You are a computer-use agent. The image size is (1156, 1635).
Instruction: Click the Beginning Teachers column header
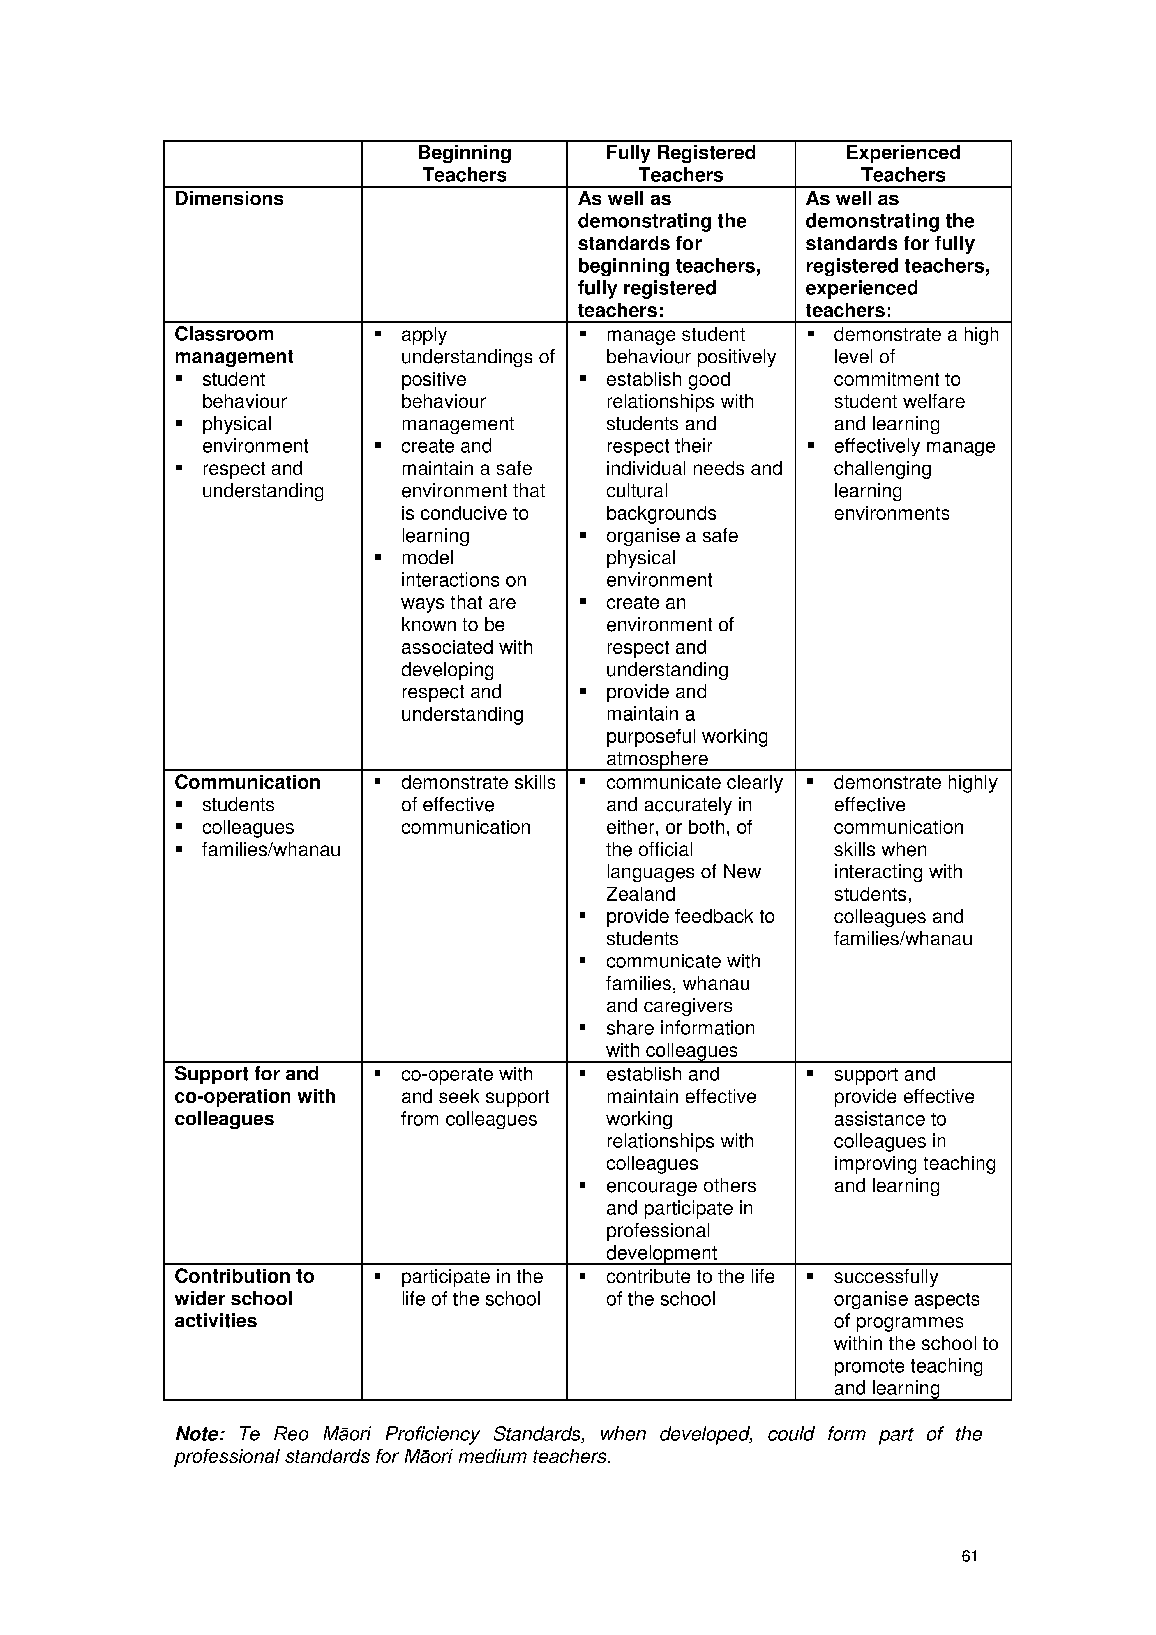(464, 164)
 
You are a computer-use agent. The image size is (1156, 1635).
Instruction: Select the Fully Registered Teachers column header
(681, 164)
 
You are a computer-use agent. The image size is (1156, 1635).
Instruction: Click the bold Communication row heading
(247, 783)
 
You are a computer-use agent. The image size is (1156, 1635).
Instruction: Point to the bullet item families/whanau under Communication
(271, 850)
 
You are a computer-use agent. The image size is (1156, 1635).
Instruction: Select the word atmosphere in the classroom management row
(657, 759)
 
